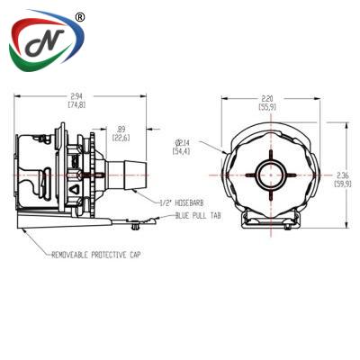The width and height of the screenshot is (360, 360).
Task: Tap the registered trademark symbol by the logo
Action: coord(78,17)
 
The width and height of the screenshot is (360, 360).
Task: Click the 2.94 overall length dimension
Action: coord(77,96)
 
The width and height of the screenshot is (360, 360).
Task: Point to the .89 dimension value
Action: coord(121,130)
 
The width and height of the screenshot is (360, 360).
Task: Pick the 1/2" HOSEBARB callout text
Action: coord(181,203)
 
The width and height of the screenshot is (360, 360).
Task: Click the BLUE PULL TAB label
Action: coord(198,215)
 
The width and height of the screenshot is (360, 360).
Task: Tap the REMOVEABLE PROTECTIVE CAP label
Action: coord(96,255)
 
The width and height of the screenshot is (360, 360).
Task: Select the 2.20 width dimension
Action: coord(267,98)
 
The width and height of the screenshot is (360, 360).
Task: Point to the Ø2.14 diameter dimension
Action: coord(182,142)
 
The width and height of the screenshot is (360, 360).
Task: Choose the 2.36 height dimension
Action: coord(342,175)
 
